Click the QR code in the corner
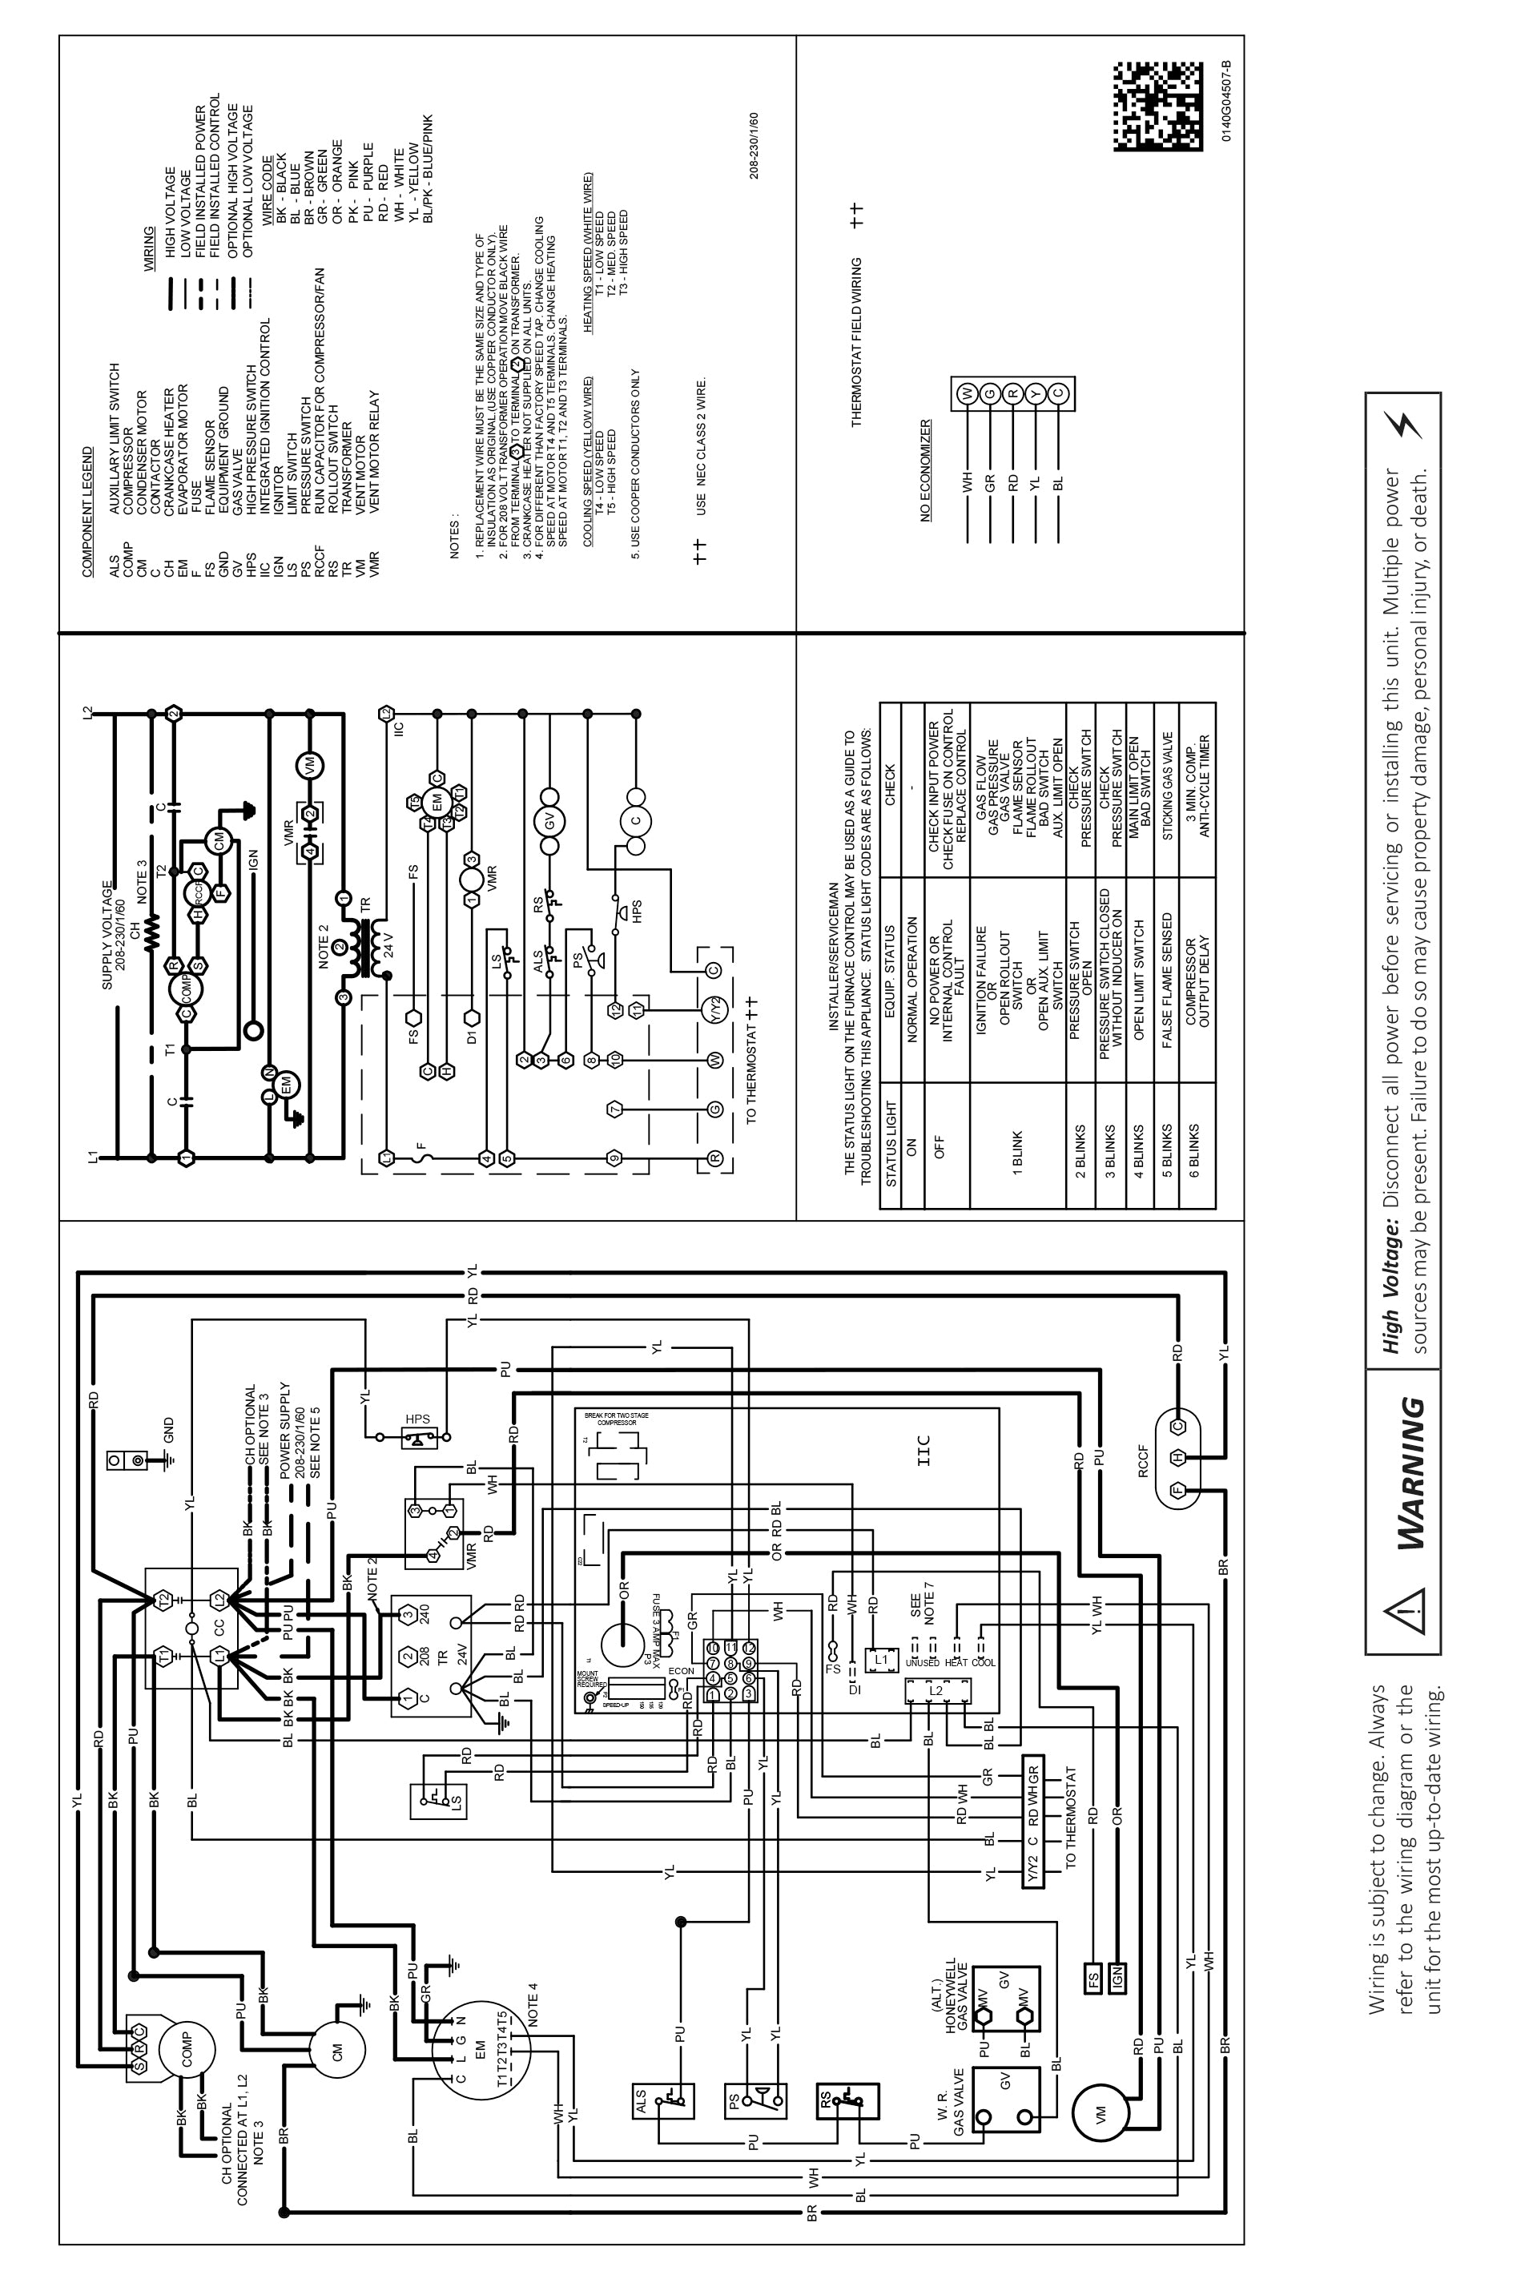(1158, 107)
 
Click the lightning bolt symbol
(1403, 424)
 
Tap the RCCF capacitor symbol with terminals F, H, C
(1177, 1457)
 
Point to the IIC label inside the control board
(923, 1448)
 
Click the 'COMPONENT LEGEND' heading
(88, 511)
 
